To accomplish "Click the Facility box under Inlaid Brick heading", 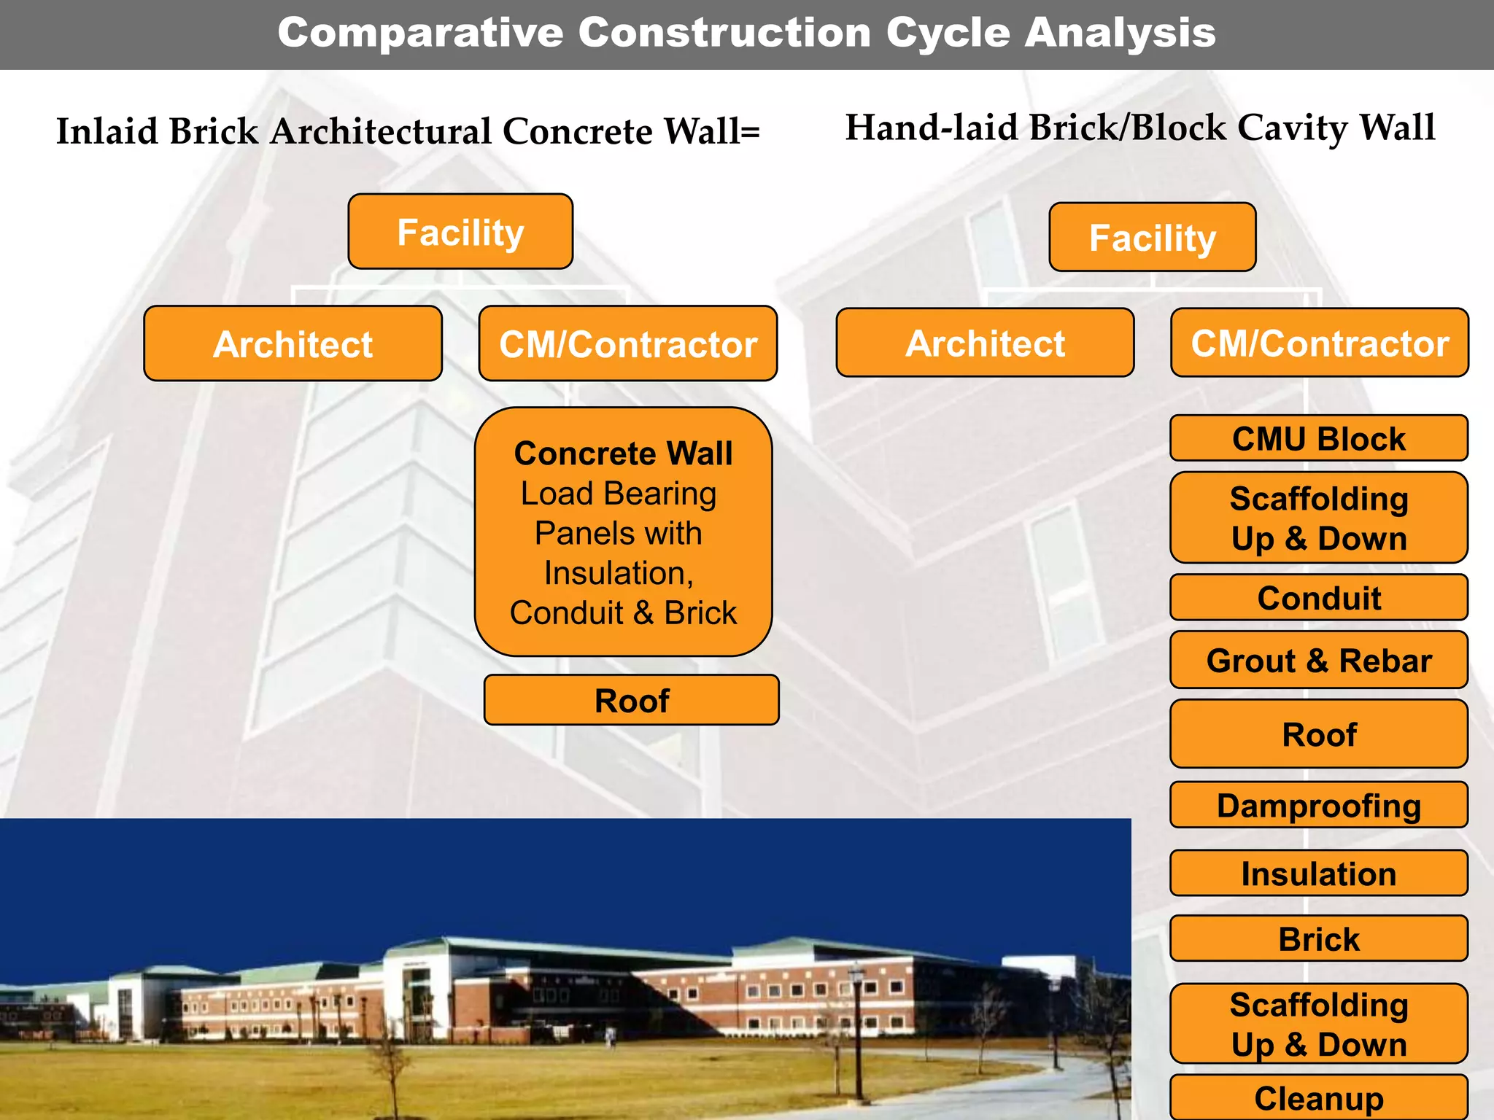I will click(x=460, y=232).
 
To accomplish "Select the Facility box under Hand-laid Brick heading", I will click(x=1153, y=238).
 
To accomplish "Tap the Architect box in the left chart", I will click(x=293, y=343).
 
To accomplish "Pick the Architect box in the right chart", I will click(x=985, y=343).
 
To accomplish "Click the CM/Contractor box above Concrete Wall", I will click(x=628, y=343).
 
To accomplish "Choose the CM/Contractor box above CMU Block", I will click(x=1320, y=343).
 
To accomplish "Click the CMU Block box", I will click(x=1319, y=438).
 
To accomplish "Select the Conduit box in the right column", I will click(x=1319, y=597).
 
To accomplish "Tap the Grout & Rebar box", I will click(x=1319, y=660).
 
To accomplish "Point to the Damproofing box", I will click(x=1319, y=805).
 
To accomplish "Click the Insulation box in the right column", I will click(x=1319, y=873).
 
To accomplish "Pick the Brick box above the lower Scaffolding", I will click(x=1319, y=938).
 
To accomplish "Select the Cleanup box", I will click(x=1319, y=1097).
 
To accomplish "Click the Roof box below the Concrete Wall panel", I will click(x=632, y=700).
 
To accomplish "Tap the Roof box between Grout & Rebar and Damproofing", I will click(x=1319, y=734).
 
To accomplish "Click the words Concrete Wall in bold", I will click(x=623, y=454).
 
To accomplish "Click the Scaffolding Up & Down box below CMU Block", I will click(x=1319, y=518).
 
